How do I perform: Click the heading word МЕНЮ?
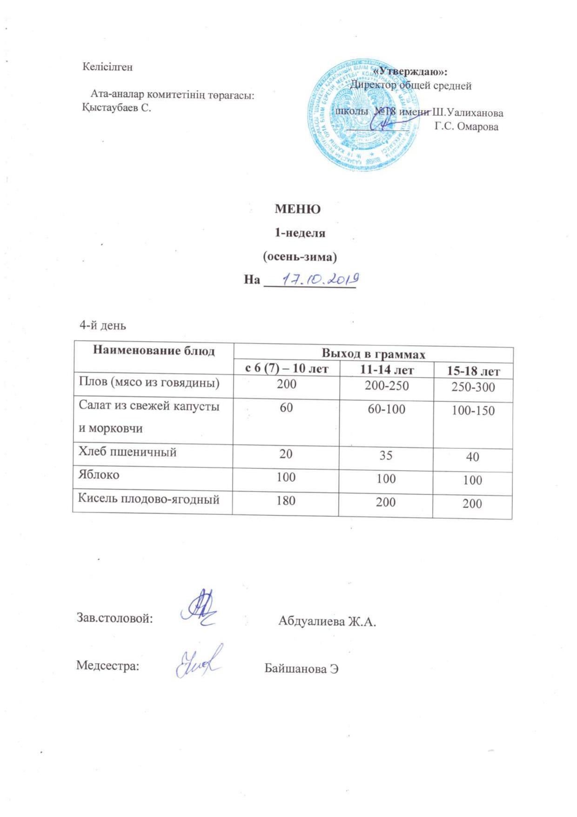tap(297, 209)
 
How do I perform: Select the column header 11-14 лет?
tap(386, 371)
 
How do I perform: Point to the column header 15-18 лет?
tap(473, 371)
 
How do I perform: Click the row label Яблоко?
tap(99, 475)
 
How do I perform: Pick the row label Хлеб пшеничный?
tap(127, 452)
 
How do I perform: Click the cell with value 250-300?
tap(473, 387)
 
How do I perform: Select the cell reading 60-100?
tap(386, 409)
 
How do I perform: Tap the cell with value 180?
tap(286, 500)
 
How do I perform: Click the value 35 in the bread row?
tap(386, 455)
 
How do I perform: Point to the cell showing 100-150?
tap(473, 411)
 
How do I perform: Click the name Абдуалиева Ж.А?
tap(327, 621)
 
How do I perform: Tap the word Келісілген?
tap(107, 67)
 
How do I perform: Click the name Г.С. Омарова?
tap(466, 127)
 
